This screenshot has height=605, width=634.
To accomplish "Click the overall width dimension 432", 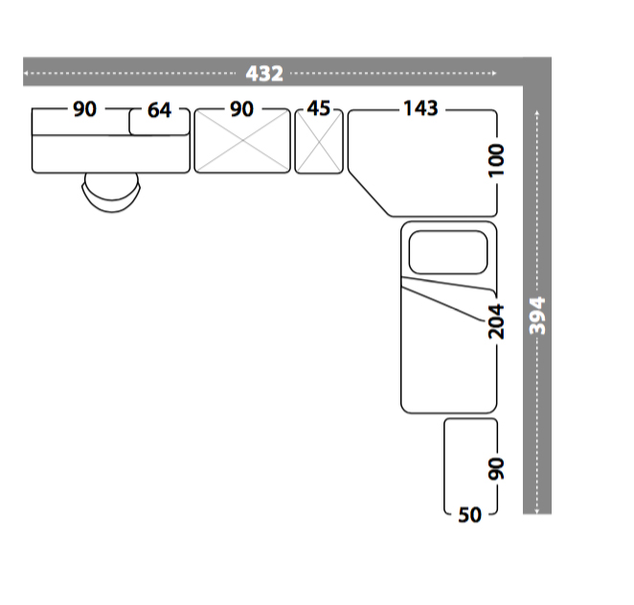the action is coord(264,74).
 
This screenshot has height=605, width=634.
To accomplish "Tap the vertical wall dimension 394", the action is coord(537,315).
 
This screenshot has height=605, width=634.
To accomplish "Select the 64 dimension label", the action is coord(159,110).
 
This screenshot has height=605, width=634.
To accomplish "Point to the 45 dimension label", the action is coord(319,108).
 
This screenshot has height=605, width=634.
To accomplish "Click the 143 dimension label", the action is coord(421,108).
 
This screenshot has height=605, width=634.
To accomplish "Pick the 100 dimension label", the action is coord(496,160).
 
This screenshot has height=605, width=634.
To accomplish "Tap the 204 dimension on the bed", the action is coord(496,322).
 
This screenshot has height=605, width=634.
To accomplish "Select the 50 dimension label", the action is coord(470,515).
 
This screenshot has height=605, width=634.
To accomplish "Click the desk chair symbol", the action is coord(112,192).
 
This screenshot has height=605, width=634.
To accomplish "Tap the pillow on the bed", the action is coord(448,252).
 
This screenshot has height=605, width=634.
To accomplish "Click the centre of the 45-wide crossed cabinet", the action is coord(319,142).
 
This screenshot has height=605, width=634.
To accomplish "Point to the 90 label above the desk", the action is coord(84,109).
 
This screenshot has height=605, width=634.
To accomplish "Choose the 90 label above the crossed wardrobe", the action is coord(241,109).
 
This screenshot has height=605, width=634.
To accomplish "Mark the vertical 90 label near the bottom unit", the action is coord(496,469).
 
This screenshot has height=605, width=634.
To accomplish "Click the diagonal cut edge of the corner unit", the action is coord(369,194).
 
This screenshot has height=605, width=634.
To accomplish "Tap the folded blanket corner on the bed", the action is coord(448,298).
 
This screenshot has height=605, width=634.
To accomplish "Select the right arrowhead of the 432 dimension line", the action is coord(494,73).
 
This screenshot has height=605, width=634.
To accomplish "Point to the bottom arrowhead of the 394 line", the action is coord(537,511).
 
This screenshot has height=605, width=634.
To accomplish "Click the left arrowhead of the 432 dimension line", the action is coord(26,73).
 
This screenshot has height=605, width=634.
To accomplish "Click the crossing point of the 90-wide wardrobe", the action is coord(242,141).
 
